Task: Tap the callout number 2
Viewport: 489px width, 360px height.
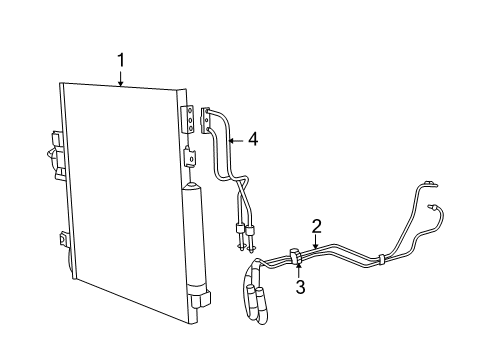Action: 316,225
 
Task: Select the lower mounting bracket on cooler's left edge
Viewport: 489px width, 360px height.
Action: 62,243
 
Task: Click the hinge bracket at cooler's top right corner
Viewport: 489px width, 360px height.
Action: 187,119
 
